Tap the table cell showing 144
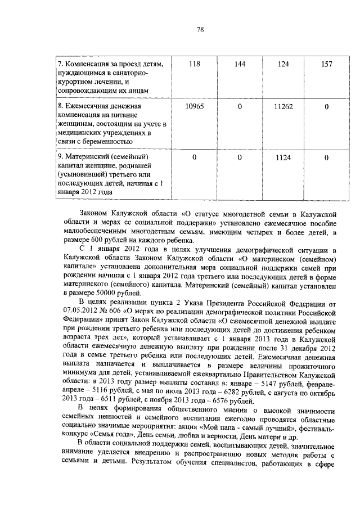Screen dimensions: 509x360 click(240, 64)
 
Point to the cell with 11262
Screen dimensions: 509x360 click(283, 106)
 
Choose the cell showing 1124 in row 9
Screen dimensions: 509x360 click(283, 157)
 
